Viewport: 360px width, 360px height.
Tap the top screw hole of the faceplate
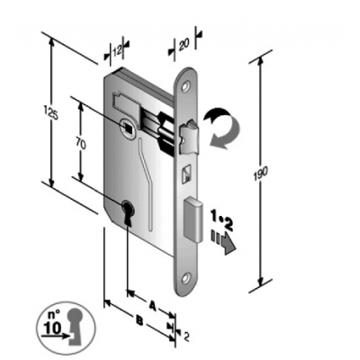(188, 88)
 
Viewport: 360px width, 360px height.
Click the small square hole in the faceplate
(186, 173)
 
